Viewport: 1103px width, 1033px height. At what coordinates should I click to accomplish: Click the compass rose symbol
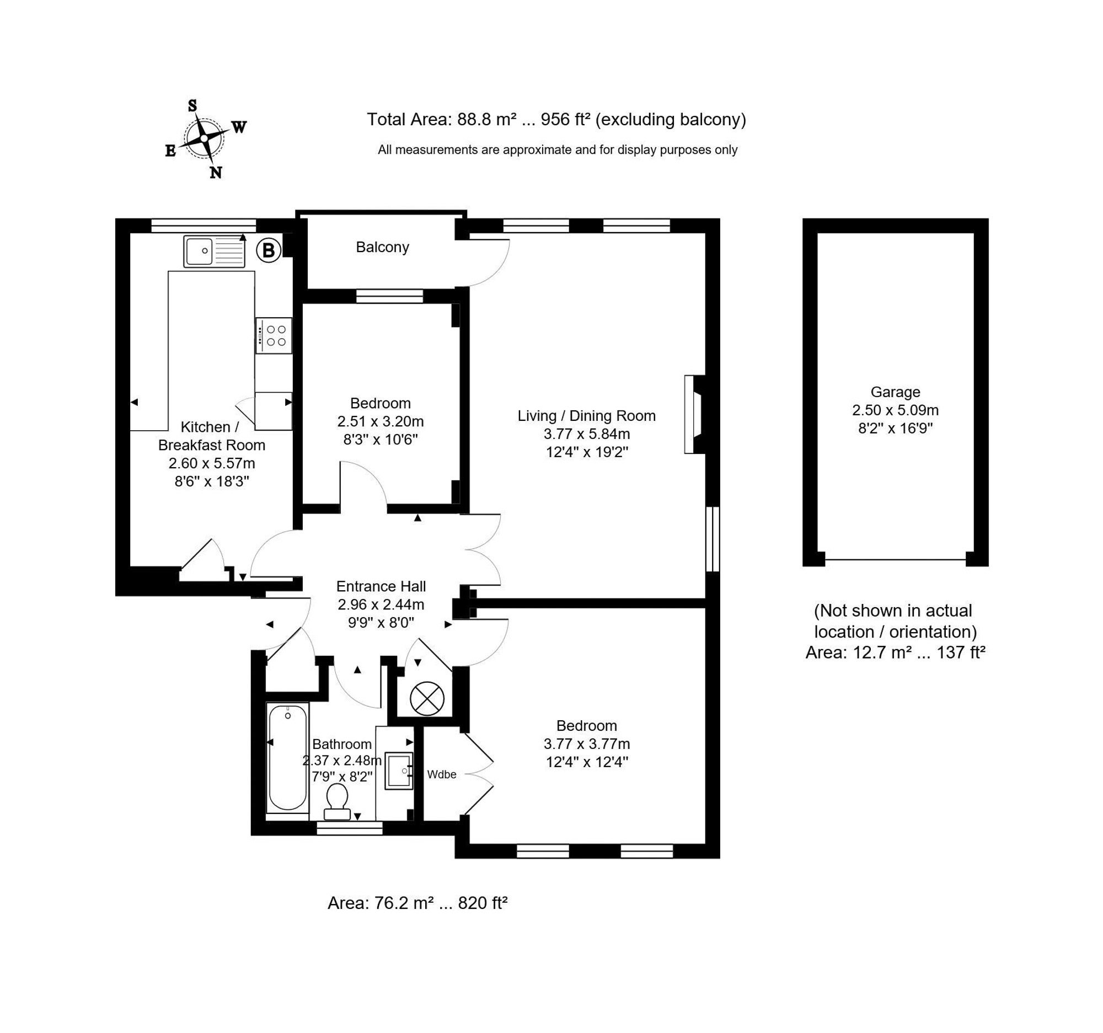[x=204, y=137]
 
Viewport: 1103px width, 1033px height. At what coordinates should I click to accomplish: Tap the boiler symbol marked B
[x=269, y=250]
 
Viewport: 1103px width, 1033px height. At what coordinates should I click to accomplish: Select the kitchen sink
[x=214, y=251]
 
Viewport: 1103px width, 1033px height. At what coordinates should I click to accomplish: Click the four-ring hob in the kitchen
[x=274, y=335]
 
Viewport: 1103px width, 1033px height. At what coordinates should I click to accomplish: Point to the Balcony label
[x=382, y=247]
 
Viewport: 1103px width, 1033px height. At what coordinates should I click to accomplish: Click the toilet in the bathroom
[x=337, y=802]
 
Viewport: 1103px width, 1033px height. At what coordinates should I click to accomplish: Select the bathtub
[x=287, y=758]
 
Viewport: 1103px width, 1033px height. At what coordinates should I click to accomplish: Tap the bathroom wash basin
[x=399, y=770]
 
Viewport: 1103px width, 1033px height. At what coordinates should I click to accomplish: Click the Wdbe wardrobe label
[x=442, y=774]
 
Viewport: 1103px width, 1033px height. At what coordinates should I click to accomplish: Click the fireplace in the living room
[x=695, y=414]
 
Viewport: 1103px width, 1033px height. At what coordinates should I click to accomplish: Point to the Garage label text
[x=895, y=392]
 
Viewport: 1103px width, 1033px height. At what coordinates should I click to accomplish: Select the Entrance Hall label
[x=381, y=586]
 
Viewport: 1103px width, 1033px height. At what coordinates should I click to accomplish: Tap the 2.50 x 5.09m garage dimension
[x=895, y=410]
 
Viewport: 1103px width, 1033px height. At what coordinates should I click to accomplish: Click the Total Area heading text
[x=556, y=119]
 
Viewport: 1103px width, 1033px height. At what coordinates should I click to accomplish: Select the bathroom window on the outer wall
[x=350, y=828]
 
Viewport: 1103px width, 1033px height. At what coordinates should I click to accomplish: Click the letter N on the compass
[x=216, y=173]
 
